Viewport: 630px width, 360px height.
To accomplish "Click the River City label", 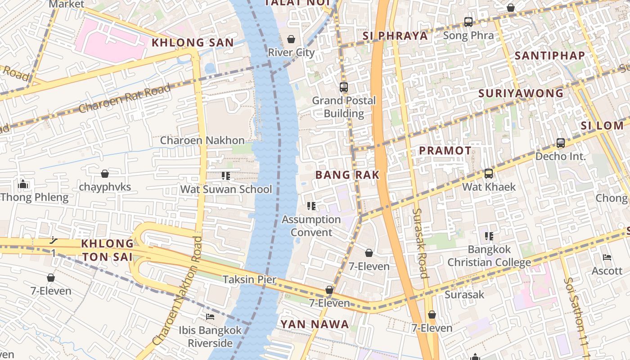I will (x=291, y=52).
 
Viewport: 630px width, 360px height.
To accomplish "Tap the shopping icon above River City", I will (x=291, y=39).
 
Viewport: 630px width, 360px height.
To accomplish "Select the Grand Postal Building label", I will (x=344, y=107).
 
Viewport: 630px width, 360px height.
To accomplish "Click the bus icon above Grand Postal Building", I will (x=344, y=87).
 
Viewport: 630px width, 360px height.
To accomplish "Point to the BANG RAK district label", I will (x=347, y=175).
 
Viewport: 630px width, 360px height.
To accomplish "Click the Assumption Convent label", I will (x=311, y=226).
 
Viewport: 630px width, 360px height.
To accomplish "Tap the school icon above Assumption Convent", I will (x=311, y=206).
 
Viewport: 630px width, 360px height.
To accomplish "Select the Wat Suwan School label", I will (x=226, y=189).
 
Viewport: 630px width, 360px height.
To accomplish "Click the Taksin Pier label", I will (x=250, y=279).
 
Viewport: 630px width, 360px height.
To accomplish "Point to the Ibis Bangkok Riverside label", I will (x=210, y=337).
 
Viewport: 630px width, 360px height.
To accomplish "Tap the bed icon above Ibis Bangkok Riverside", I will (x=210, y=317).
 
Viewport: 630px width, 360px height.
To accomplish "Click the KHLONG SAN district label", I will (x=193, y=43).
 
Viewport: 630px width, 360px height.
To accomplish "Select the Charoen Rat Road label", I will (x=125, y=99).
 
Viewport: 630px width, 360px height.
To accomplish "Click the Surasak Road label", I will (x=420, y=243).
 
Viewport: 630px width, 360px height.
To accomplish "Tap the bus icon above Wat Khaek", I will (x=489, y=174).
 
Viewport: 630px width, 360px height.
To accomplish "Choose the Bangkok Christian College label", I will (x=489, y=256).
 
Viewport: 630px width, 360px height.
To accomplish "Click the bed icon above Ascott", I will (x=607, y=257).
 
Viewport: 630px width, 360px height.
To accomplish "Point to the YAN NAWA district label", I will (x=315, y=324).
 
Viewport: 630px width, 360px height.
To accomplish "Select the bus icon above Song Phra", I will (x=468, y=22).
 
